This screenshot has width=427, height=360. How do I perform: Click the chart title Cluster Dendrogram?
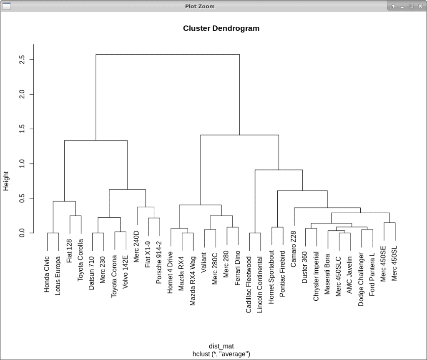coord(221,28)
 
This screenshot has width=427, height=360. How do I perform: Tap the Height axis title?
coord(6,183)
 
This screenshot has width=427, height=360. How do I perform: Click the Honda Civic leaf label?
coord(47,274)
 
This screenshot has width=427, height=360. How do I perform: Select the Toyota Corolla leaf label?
coord(81,265)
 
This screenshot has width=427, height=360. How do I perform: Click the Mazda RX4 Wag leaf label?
coord(193,279)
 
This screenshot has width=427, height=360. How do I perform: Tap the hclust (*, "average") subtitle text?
coord(221,354)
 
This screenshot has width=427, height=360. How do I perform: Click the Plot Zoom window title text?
coord(200,6)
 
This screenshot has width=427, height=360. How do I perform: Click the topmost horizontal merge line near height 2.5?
coord(167,54)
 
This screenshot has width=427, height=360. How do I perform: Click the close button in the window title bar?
coord(420,6)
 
